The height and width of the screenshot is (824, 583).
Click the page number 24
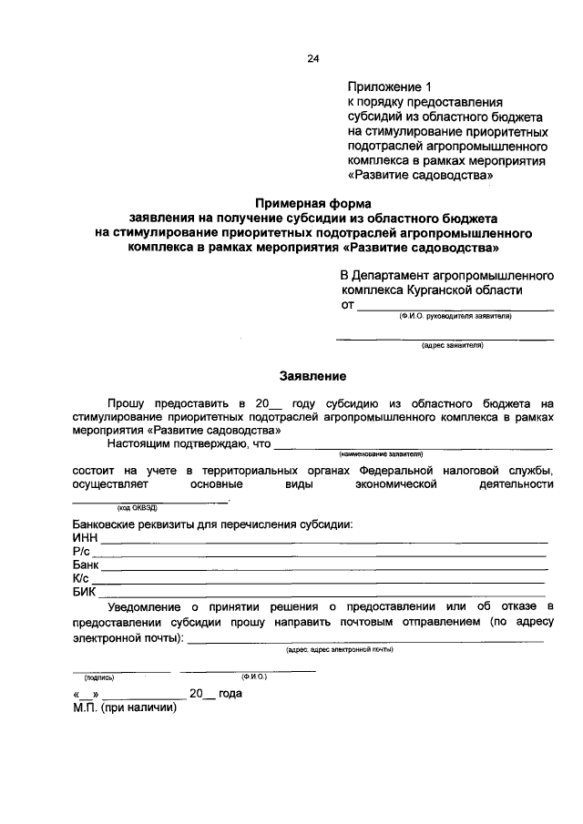coord(313,59)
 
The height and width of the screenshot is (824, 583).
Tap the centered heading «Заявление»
coord(312,375)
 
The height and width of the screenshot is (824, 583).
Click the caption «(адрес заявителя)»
coord(452,346)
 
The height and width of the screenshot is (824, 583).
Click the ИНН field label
coord(85,538)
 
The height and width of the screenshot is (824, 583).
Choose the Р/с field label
coord(81,552)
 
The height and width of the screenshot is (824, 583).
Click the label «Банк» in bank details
coord(86,565)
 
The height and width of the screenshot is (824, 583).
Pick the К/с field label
coord(81,578)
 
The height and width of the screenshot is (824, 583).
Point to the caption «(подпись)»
coord(98,677)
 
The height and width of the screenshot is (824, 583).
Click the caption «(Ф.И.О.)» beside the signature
coord(254,676)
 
